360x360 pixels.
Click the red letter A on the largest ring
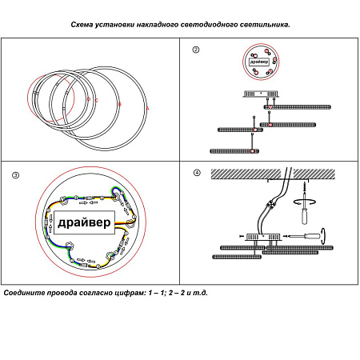pos(148,109)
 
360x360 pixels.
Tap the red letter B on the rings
pos(120,104)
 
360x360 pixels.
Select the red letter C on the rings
pos(97,100)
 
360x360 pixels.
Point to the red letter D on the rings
pos(89,99)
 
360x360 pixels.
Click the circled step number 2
pos(196,50)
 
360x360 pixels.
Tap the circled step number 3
pos(16,175)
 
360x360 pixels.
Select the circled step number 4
pos(197,173)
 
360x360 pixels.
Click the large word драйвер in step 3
pos(84,222)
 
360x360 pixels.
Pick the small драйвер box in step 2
pos(259,62)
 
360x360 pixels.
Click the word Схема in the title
pos(82,25)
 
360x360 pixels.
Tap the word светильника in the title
pos(265,25)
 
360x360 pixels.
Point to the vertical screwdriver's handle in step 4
pos(305,217)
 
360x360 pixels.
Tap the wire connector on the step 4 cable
pos(271,204)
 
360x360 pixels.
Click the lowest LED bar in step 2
pos(234,151)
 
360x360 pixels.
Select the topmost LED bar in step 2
pos(298,107)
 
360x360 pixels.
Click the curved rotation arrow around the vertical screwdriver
pos(305,202)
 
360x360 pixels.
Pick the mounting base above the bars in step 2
pos(261,94)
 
